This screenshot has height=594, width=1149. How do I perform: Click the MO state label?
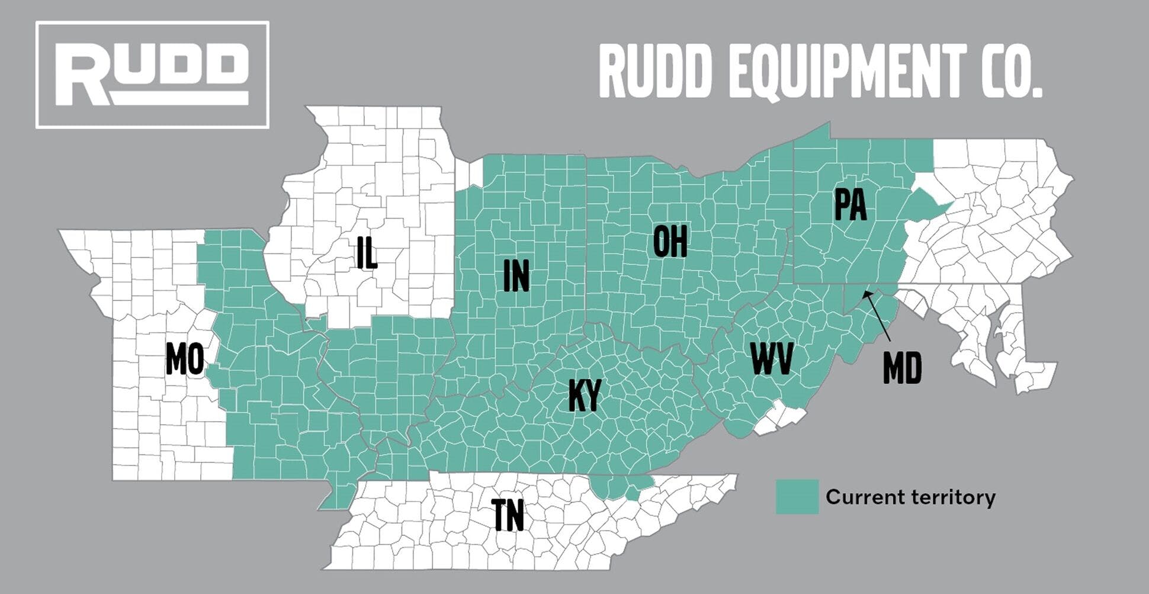185,359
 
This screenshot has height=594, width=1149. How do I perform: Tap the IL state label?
367,253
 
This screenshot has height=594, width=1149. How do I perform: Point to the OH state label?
670,241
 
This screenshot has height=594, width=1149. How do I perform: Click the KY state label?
585,395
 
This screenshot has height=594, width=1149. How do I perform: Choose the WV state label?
772,358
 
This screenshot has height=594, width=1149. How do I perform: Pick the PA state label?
850,205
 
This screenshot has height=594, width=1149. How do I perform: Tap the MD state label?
902,368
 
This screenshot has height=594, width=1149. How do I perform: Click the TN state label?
508,515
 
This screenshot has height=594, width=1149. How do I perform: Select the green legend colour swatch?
797,496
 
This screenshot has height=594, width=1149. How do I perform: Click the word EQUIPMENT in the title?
846,72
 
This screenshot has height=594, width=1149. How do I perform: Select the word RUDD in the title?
654,72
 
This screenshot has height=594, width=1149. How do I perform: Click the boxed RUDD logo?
152,75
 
